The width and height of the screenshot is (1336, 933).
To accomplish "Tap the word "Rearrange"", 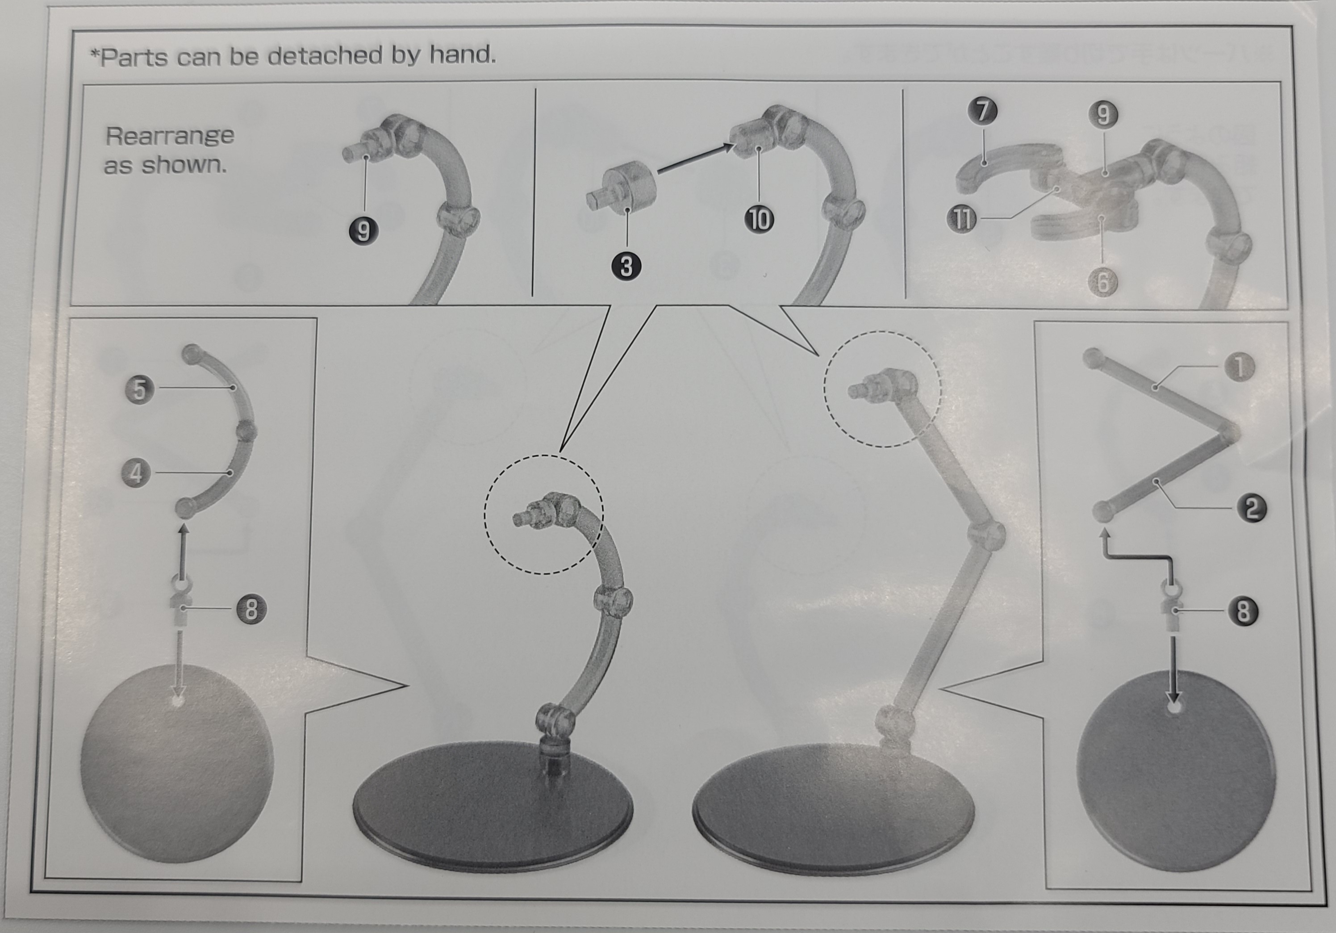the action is pos(170,137).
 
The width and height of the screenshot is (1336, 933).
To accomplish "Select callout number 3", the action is pos(626,267).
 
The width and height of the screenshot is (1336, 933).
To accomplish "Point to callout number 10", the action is pos(760,219).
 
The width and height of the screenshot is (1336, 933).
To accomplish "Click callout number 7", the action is pos(983,111).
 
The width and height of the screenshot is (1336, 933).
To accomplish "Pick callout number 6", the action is pos(1102,283).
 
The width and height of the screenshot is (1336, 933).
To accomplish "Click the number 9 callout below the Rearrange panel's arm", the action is pos(363,231).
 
